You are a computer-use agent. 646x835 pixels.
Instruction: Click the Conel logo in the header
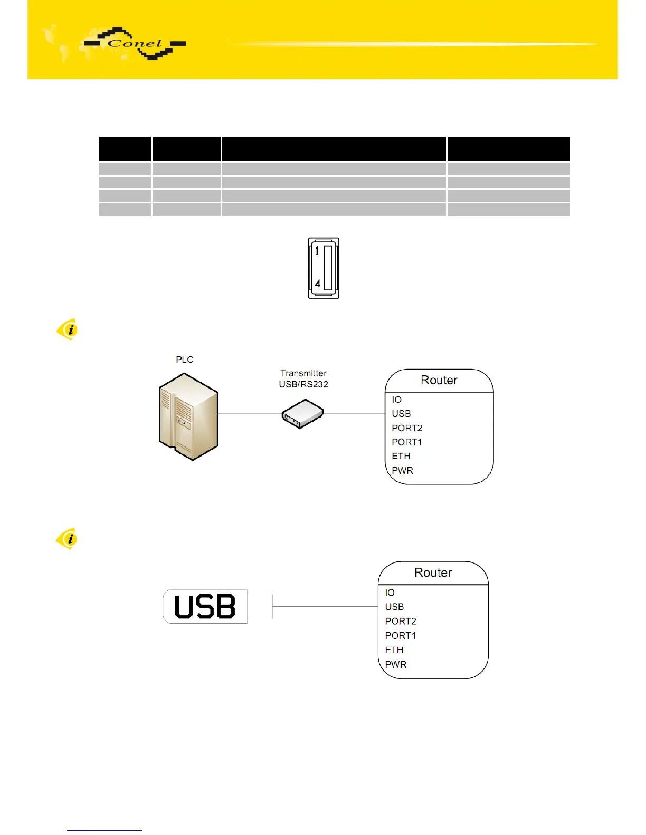pos(136,44)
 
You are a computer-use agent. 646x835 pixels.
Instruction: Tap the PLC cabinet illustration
pos(188,416)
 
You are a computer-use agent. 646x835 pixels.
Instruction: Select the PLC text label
pos(184,360)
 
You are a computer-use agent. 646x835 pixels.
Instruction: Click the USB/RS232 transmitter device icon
pos(302,414)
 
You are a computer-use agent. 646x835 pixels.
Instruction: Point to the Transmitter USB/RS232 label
pos(303,378)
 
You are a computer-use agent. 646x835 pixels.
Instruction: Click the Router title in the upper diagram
pos(439,380)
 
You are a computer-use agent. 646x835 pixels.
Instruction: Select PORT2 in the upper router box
pos(406,428)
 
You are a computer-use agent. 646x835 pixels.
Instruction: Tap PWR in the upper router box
pos(402,470)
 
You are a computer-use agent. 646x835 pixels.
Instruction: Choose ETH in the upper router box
pos(401,456)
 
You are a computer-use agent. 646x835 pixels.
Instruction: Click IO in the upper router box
pos(396,400)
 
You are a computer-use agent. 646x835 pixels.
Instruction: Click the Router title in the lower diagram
pos(433,572)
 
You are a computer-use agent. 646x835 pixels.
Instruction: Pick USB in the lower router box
pos(394,607)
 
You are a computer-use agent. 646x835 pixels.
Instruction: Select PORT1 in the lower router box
pos(400,635)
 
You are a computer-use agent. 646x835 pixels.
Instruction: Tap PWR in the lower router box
pos(395,664)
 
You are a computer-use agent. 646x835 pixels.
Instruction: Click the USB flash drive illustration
pos(206,606)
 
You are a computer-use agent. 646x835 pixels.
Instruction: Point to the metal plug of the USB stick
pos(260,606)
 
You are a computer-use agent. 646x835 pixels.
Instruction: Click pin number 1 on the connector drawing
pos(317,251)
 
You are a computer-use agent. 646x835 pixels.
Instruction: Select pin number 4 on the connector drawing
pos(317,284)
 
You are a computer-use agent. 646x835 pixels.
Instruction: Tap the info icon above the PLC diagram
pos(67,329)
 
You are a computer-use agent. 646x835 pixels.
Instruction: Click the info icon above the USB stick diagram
pos(67,539)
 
